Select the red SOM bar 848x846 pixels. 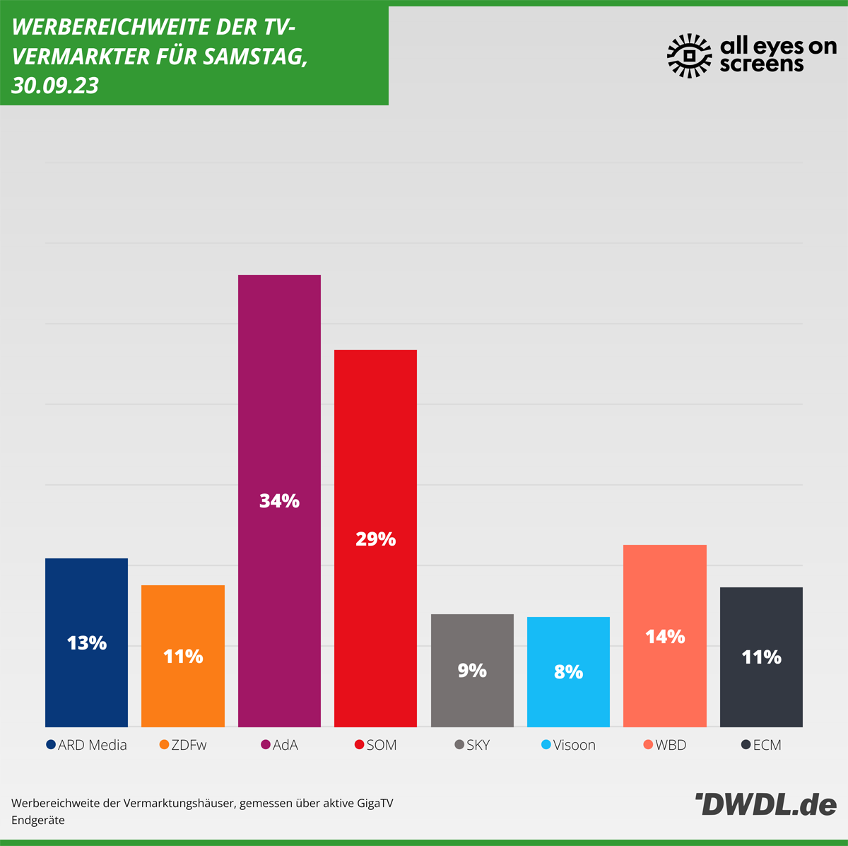(x=375, y=438)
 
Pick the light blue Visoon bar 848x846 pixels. (x=568, y=700)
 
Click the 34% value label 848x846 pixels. (x=279, y=501)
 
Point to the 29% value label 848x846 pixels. (x=375, y=539)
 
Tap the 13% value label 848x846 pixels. (x=86, y=643)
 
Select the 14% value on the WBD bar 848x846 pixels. (x=665, y=637)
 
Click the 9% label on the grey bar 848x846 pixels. (x=472, y=670)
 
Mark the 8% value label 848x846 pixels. (x=568, y=671)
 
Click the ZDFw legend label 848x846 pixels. (x=189, y=745)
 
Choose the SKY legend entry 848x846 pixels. (x=478, y=745)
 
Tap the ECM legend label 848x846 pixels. (x=767, y=745)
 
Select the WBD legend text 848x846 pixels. (x=671, y=745)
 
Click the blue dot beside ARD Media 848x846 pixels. (x=51, y=745)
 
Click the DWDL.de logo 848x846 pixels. (x=765, y=805)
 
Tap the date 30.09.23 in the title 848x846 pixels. (x=55, y=86)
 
